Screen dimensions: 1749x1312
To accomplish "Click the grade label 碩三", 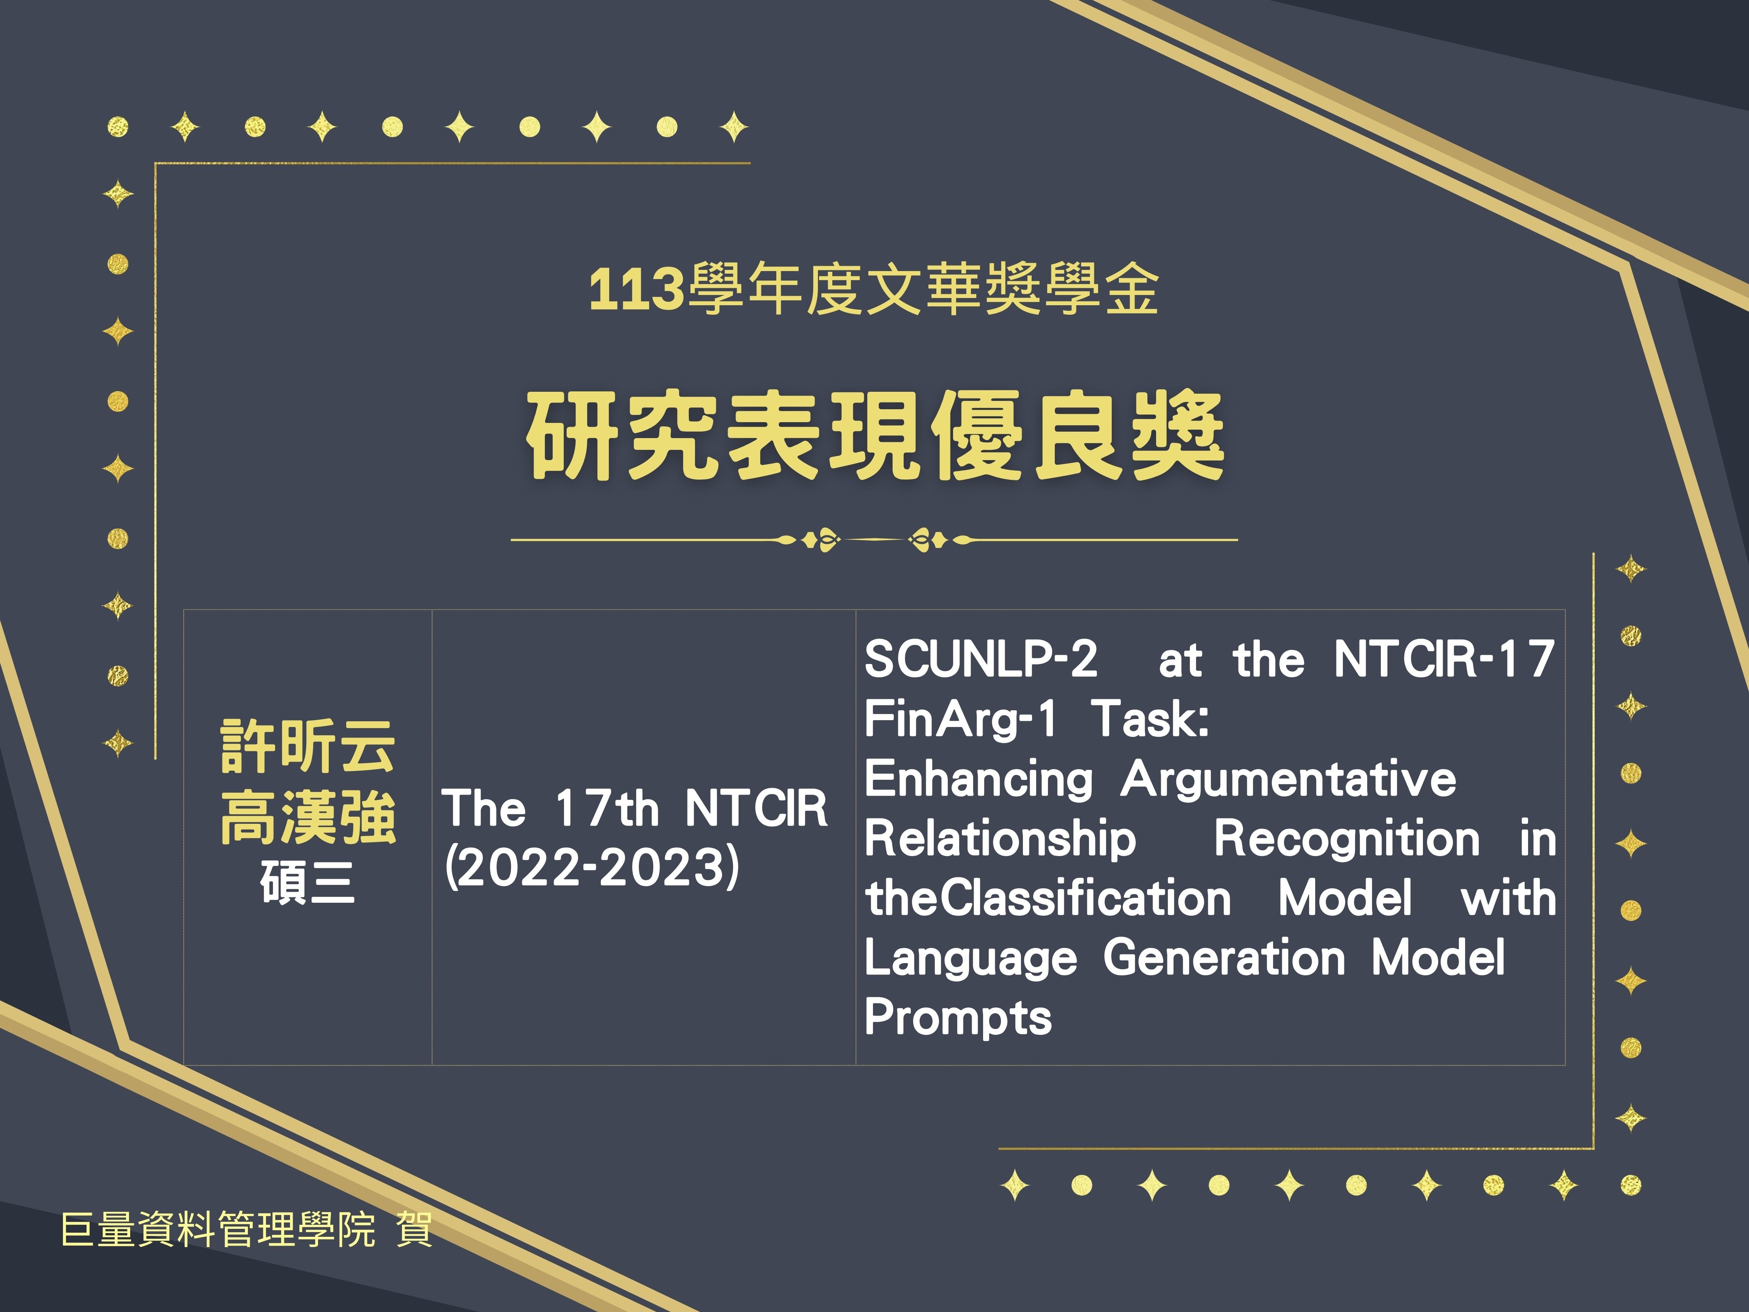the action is tap(307, 882).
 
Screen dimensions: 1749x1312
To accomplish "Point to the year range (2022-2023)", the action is tap(592, 867).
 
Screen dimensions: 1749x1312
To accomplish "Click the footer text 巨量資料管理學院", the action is tap(218, 1230).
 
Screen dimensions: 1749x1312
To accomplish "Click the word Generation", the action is tap(1224, 959).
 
